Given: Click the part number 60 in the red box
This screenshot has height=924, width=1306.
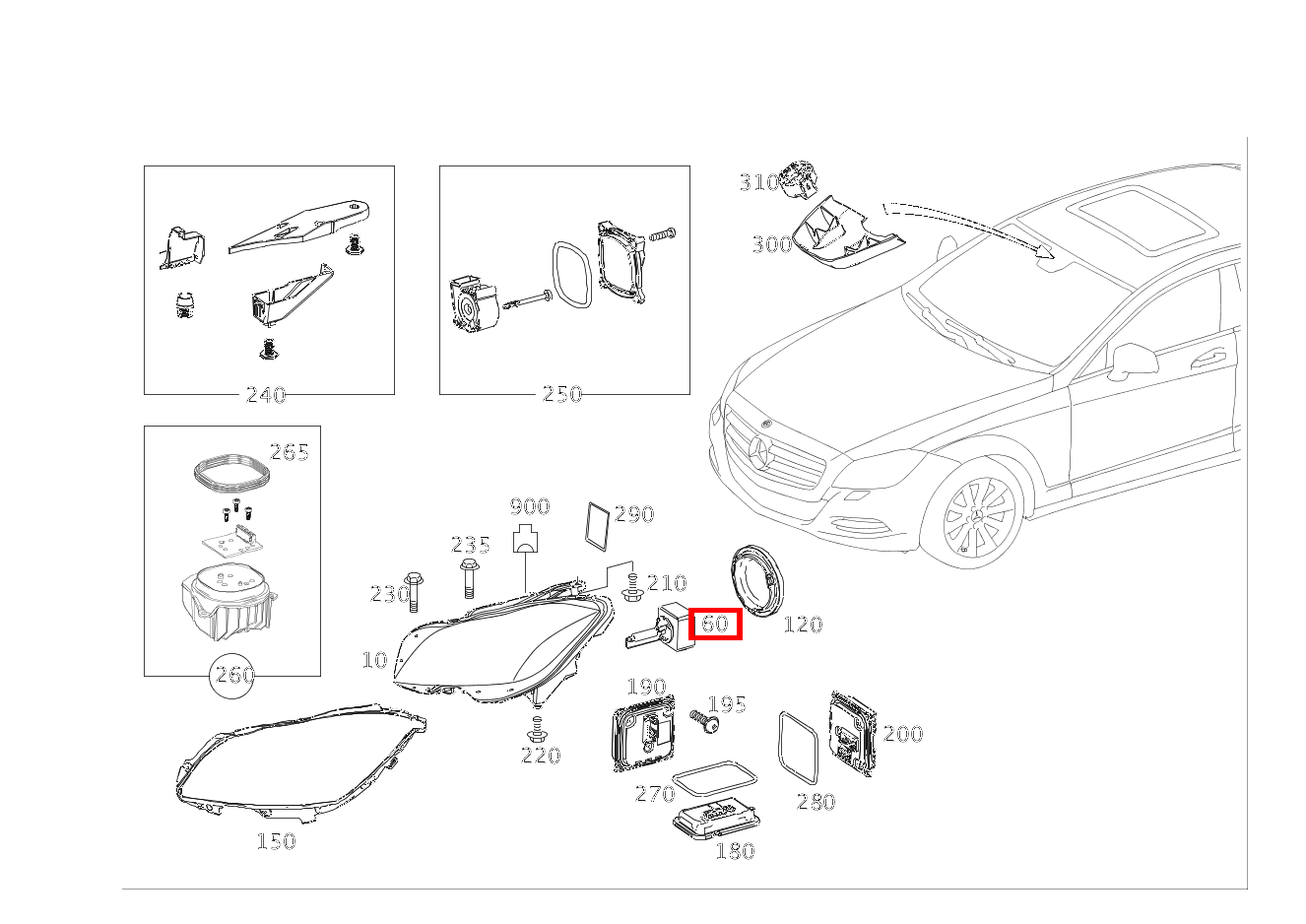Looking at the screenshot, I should tap(714, 623).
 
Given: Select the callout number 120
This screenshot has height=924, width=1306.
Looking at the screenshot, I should tap(802, 624).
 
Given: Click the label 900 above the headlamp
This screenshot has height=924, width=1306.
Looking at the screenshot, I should tap(529, 507).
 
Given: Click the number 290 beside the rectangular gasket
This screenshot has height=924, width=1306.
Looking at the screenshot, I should tap(633, 514).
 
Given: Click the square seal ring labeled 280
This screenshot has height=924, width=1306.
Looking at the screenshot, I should tap(798, 748).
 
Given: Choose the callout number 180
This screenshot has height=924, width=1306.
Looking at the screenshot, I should tap(734, 851).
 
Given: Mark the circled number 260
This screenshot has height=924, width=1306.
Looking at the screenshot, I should tap(234, 676).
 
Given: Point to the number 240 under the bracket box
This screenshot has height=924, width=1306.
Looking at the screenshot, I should tap(265, 395).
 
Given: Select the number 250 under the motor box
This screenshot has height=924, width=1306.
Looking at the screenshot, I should tap(562, 394).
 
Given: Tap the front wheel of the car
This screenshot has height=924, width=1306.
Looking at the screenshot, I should tap(978, 518).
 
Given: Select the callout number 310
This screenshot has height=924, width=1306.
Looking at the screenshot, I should tap(758, 182).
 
